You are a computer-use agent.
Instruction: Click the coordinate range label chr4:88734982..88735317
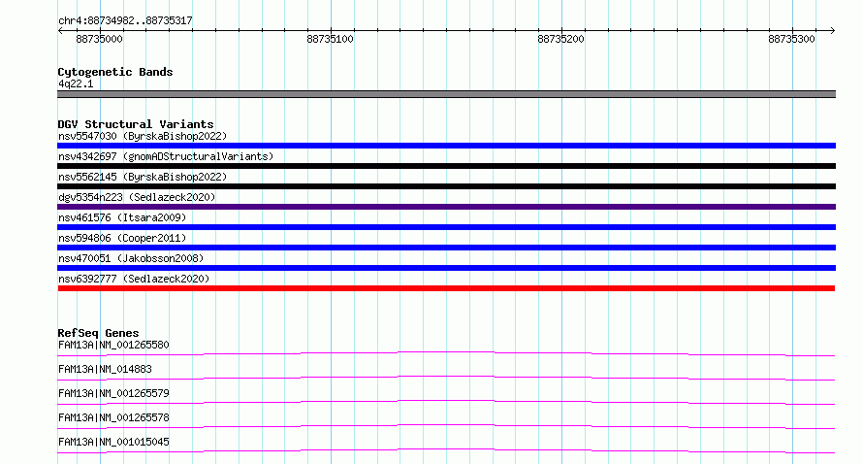point(125,21)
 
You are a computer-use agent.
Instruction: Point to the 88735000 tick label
point(99,39)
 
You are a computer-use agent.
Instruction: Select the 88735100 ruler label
point(331,39)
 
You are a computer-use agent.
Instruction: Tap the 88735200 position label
point(560,39)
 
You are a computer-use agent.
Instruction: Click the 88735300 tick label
point(791,39)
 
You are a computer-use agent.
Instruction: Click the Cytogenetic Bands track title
point(115,72)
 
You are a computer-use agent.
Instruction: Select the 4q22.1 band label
point(76,83)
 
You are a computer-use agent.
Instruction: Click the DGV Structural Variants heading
point(136,124)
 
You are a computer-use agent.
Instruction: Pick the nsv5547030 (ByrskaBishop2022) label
point(143,136)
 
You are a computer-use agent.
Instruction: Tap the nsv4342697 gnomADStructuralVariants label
point(166,156)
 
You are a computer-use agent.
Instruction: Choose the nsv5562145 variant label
point(143,177)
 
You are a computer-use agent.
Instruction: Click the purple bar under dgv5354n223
point(446,207)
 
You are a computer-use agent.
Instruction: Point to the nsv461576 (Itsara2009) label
point(122,217)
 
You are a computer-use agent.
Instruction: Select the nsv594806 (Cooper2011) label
point(122,238)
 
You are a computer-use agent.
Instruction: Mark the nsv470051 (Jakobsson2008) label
point(131,258)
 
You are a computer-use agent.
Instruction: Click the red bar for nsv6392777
point(446,288)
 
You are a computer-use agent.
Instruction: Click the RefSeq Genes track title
point(99,333)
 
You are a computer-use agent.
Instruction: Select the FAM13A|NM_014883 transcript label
point(105,369)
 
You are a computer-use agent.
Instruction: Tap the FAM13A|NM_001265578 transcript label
point(113,417)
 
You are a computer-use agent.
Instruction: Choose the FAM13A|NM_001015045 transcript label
point(113,442)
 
